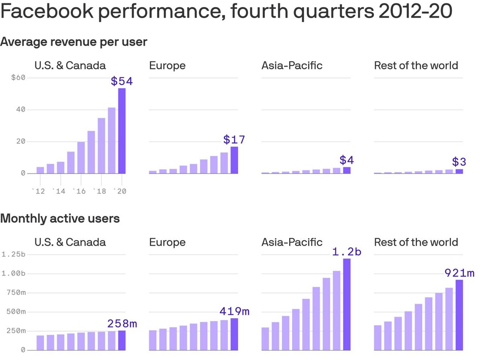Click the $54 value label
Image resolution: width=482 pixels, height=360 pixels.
122,81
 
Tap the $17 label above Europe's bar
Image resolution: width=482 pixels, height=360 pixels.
234,140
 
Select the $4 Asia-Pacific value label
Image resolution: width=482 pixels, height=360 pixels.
347,160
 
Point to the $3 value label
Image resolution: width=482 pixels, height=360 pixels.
459,162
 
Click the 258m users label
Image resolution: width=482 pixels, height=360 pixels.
122,324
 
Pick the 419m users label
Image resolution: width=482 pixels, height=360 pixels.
235,311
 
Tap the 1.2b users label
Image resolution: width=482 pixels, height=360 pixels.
347,252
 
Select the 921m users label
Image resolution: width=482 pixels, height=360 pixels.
459,273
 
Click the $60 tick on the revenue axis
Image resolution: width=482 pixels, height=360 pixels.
18,77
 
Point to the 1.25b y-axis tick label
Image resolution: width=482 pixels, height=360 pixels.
14,254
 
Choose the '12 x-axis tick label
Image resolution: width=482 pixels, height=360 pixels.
39,191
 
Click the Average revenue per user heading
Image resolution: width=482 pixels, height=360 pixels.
74,42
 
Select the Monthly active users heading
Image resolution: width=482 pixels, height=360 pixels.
60,219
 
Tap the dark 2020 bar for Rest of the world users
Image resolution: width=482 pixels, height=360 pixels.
459,315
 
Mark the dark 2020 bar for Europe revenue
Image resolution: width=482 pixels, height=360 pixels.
234,160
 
